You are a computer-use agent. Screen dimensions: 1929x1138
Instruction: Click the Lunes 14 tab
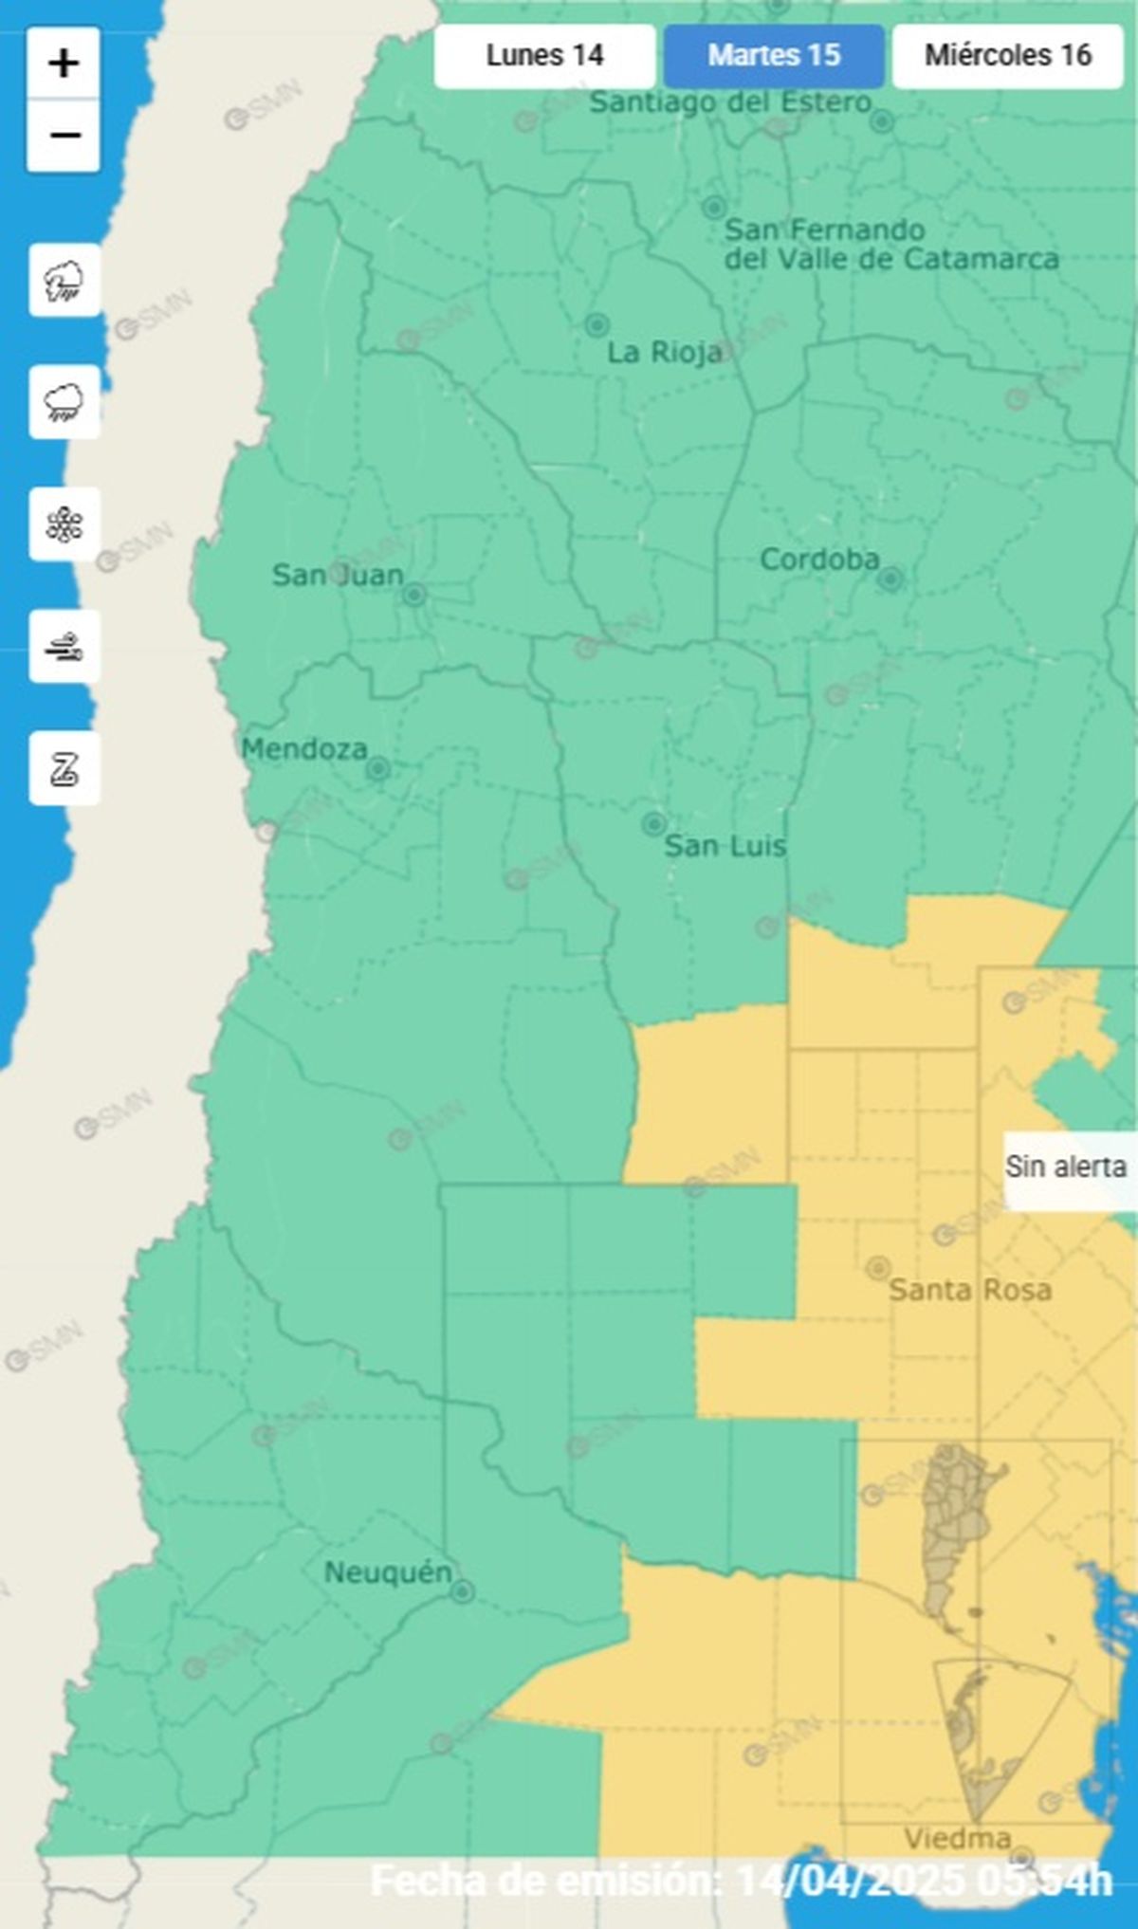coord(544,56)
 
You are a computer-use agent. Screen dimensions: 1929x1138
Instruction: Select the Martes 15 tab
coord(774,56)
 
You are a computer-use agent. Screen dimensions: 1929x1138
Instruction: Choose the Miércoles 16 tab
coord(1007,56)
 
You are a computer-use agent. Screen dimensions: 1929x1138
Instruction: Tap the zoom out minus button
coord(64,136)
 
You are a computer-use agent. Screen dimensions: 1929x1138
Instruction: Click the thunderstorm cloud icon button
coord(64,281)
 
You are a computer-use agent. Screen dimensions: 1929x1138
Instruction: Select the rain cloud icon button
coord(64,402)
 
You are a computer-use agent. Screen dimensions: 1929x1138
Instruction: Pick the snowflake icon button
coord(64,524)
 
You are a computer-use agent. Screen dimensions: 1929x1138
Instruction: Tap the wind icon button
coord(64,647)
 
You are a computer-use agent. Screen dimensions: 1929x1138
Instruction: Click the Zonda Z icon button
coord(64,768)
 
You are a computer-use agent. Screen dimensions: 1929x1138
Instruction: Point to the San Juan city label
coord(338,575)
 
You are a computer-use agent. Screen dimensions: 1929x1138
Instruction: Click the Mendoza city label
coord(304,749)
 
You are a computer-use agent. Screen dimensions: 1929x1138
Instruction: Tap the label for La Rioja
coord(664,353)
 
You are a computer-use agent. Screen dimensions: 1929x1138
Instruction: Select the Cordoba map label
coord(819,560)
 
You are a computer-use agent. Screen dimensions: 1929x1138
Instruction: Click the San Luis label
coord(725,846)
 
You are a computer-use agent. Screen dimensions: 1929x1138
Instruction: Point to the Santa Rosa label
coord(969,1290)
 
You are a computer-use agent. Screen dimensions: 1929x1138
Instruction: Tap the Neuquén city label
coord(388,1572)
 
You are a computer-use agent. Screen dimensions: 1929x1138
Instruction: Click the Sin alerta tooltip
coord(1066,1167)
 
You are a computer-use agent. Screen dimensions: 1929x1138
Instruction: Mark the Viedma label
coord(957,1839)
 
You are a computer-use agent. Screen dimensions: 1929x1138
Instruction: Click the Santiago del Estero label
coord(730,102)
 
